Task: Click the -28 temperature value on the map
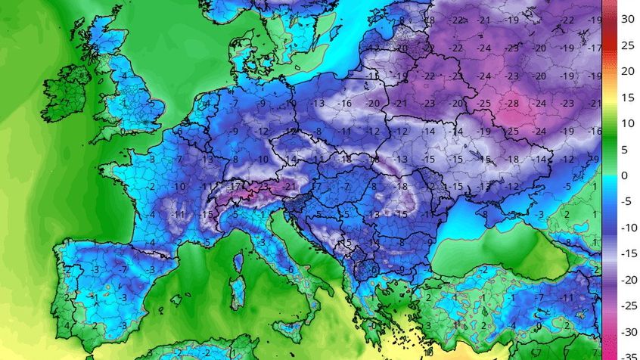[512, 103]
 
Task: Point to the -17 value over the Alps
[236, 184]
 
